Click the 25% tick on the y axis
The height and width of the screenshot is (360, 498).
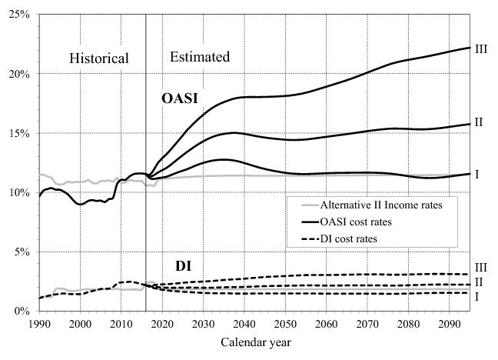click(18, 15)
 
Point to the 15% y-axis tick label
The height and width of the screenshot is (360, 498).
click(18, 133)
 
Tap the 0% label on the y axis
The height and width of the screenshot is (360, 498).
click(21, 312)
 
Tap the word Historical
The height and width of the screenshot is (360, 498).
click(99, 58)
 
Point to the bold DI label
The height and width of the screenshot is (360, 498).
click(184, 266)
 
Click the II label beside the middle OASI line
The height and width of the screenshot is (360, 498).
click(479, 122)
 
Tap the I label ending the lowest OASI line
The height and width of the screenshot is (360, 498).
click(476, 175)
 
